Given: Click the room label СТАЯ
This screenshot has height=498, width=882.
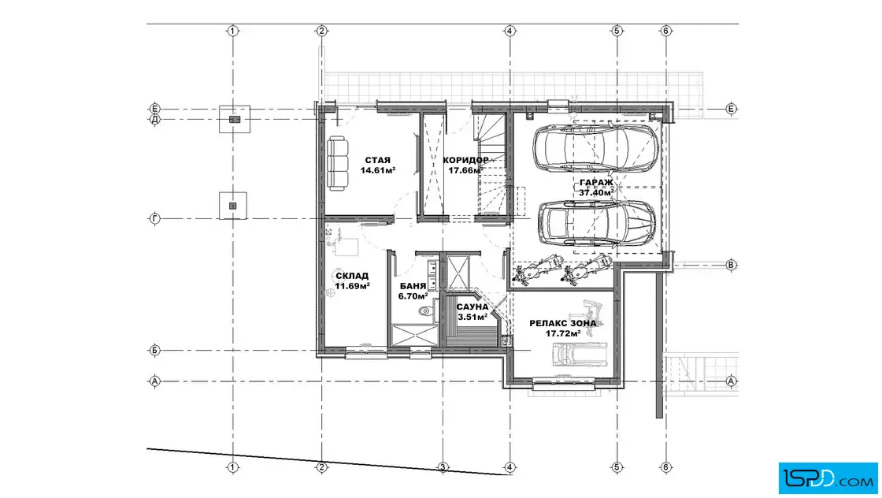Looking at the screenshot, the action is coord(377,161).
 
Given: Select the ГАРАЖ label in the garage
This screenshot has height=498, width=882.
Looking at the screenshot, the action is coord(596,182).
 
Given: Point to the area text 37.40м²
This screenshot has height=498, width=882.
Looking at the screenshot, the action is coord(596,192).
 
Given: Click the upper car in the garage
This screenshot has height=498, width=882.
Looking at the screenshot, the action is coord(596,147).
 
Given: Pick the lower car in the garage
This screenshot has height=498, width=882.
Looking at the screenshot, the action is coord(597,223).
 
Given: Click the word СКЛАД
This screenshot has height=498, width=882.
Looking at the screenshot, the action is coord(352,276).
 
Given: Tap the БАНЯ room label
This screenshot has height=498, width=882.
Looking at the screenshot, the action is coord(413,286).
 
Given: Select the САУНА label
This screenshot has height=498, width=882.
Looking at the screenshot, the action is coord(472,307).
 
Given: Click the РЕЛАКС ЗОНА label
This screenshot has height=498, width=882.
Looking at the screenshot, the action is coord(562,324).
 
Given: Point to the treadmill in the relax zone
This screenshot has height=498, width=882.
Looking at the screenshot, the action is coord(580,354).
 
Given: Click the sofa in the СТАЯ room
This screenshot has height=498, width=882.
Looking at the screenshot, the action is coord(338,163).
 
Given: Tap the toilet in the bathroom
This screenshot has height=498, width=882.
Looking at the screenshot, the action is coord(426,310).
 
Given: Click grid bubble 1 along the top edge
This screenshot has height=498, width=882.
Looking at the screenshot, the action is coord(233,31).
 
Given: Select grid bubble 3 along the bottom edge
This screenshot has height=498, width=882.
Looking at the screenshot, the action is coord(443,467).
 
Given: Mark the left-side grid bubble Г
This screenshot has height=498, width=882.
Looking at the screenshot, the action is coord(154,218).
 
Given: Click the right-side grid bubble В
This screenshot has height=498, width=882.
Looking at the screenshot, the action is coord(732,265).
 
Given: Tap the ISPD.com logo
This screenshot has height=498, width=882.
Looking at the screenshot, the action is coord(828,478).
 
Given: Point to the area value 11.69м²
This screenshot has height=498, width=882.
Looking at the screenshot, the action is coord(352,286).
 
